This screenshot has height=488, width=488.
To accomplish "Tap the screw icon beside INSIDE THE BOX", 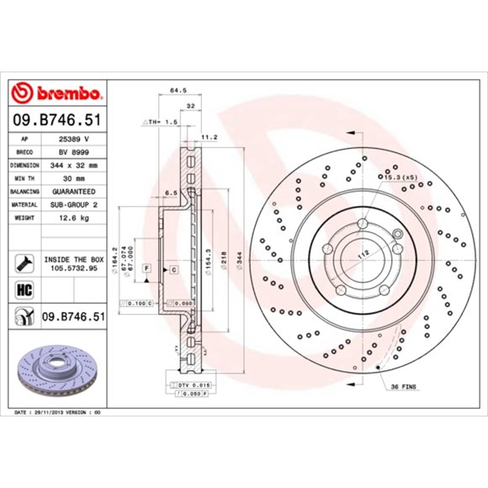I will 23,263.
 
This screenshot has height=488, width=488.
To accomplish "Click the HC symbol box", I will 23,291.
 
